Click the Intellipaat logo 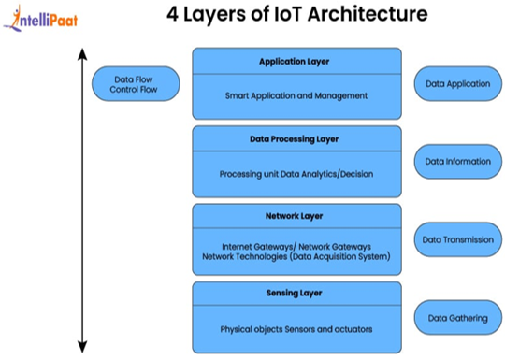tap(40, 19)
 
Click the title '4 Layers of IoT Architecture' tap(297, 14)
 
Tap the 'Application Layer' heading tap(294, 62)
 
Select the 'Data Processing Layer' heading tap(294, 139)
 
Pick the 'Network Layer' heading tap(294, 216)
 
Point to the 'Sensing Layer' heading tap(294, 293)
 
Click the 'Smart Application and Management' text tap(296, 95)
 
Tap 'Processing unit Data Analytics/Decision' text tap(296, 174)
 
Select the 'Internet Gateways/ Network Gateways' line tap(296, 247)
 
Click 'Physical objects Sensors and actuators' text tap(296, 329)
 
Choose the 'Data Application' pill tap(458, 84)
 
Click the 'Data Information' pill tap(458, 162)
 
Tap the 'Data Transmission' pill tap(458, 239)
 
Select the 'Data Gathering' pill tap(458, 318)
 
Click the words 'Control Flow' tap(134, 89)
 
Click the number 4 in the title tap(172, 14)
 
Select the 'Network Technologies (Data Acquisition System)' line tap(296, 256)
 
